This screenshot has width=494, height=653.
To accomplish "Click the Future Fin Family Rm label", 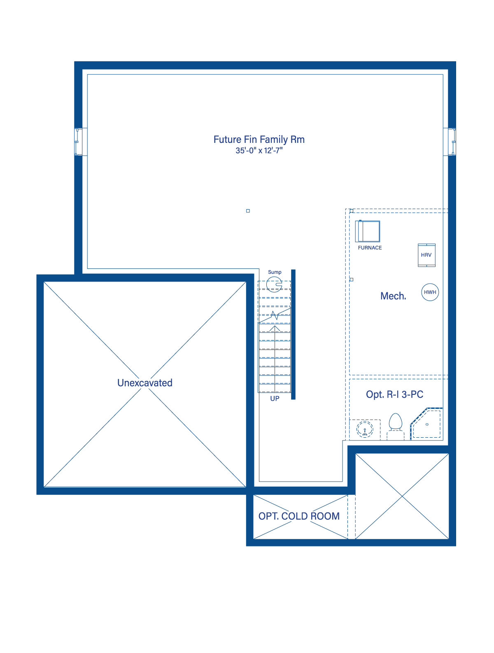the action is tap(259, 139).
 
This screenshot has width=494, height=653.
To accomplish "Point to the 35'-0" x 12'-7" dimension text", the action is tap(259, 151).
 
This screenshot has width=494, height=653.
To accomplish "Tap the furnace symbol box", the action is tap(367, 231).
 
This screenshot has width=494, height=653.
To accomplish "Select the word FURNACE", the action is tap(370, 247).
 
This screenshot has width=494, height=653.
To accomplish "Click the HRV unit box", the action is tap(426, 255).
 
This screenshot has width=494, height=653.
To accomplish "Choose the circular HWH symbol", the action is tap(430, 292).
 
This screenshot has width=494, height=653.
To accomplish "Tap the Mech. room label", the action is tap(393, 296).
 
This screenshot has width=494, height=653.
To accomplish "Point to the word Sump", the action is tap(275, 272).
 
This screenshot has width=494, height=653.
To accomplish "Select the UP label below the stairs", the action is tap(275, 398).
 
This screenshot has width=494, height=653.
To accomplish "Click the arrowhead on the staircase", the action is tap(275, 328).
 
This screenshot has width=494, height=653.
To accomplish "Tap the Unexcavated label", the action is tap(145, 382).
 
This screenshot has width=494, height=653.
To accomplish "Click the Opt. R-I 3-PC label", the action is tap(394, 394).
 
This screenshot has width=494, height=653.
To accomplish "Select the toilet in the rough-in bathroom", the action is tap(395, 426).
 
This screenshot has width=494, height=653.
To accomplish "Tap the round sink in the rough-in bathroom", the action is tap(365, 429).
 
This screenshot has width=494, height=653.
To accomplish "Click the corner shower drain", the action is tap(427, 424).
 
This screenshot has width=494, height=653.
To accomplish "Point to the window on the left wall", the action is tap(78, 142).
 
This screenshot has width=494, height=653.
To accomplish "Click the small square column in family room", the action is tap(248, 211).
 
